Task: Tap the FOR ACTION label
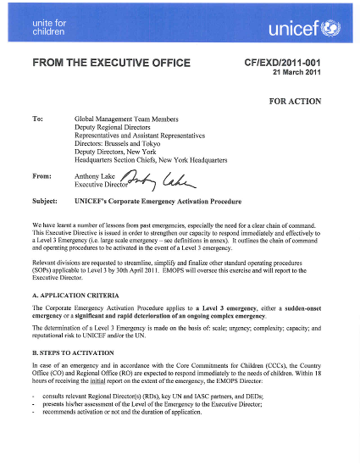[x=295, y=101]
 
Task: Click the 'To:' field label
[x=37, y=119]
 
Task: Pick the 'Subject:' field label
[x=44, y=202]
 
